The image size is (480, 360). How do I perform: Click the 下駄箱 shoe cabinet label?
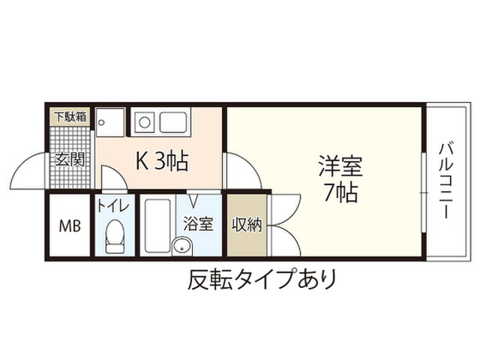pyautogui.click(x=70, y=117)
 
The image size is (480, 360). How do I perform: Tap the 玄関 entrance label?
pyautogui.click(x=70, y=160)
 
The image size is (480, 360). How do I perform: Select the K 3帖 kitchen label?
pyautogui.click(x=162, y=161)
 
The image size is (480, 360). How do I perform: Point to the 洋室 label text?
pyautogui.click(x=340, y=166)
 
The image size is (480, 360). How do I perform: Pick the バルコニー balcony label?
pyautogui.click(x=447, y=181)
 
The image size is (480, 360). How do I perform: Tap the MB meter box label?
pyautogui.click(x=70, y=226)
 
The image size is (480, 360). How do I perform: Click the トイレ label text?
pyautogui.click(x=113, y=205)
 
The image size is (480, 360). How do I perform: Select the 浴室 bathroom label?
pyautogui.click(x=198, y=223)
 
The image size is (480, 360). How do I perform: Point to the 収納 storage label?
pyautogui.click(x=247, y=225)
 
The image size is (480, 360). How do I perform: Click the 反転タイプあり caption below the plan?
pyautogui.click(x=262, y=279)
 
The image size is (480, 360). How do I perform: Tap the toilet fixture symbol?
pyautogui.click(x=115, y=236)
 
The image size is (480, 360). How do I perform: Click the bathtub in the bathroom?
pyautogui.click(x=157, y=226)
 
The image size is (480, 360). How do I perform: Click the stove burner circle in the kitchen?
pyautogui.click(x=145, y=122)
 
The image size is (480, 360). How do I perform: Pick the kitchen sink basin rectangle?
pyautogui.click(x=173, y=122)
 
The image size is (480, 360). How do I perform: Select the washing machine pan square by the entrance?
pyautogui.click(x=110, y=122)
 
